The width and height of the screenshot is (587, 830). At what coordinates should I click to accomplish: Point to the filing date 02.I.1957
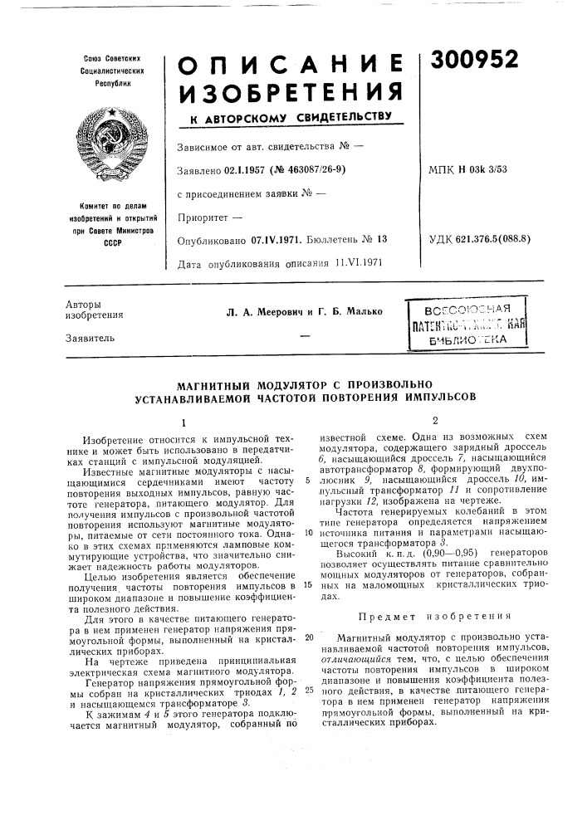(x=250, y=169)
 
